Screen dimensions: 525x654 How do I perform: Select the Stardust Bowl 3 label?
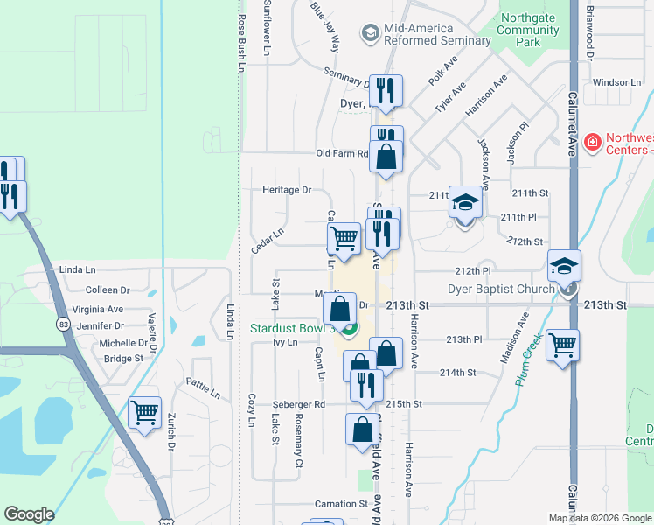click(x=281, y=328)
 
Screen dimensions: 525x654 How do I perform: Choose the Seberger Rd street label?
click(x=298, y=404)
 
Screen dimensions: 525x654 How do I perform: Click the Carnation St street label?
click(x=342, y=504)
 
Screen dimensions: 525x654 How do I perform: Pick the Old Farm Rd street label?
click(x=343, y=153)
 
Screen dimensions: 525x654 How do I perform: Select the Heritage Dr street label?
click(x=288, y=189)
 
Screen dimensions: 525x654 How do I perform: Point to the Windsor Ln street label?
click(x=616, y=81)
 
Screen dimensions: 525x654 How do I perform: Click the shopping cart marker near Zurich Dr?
click(x=144, y=411)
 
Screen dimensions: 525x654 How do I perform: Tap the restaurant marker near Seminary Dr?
click(x=385, y=90)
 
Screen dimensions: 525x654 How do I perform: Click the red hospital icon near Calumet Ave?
click(x=592, y=140)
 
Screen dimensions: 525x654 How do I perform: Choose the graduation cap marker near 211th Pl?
click(x=465, y=202)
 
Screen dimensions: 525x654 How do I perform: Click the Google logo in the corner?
click(x=29, y=514)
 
